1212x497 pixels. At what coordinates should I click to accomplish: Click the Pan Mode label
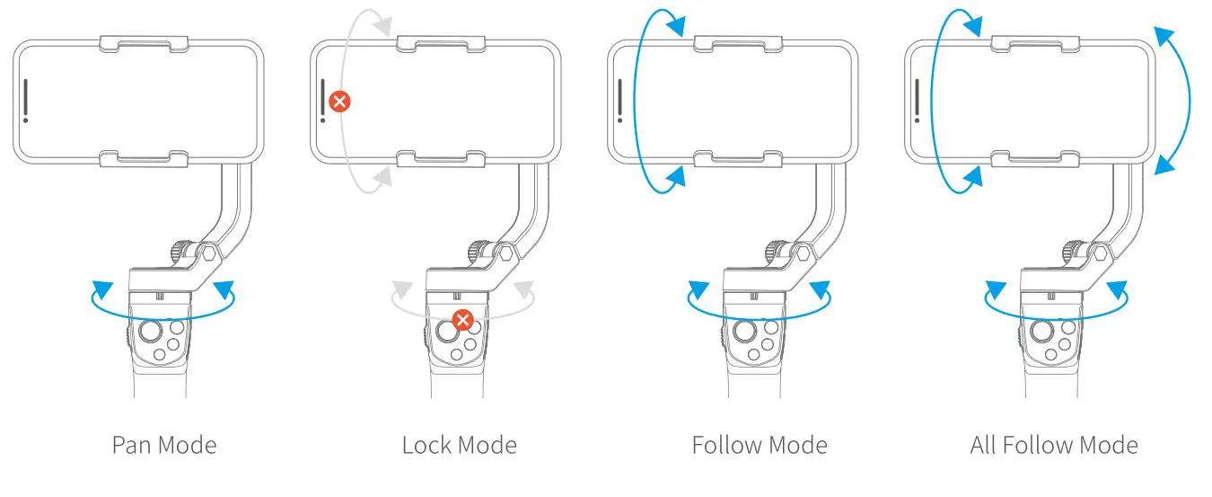click(164, 445)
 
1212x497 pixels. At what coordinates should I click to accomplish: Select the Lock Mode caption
click(459, 445)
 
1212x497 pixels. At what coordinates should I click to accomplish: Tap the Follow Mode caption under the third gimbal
click(760, 445)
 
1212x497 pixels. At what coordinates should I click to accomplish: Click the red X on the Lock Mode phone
click(339, 101)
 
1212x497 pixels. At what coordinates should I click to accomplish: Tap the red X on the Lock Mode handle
click(462, 319)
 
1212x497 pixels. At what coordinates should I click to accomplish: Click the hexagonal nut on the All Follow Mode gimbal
click(1100, 255)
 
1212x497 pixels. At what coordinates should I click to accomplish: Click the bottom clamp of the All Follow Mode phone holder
click(1036, 159)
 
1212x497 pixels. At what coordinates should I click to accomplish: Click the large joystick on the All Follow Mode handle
click(1043, 333)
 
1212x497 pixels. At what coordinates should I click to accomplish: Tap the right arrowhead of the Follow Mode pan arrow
click(817, 290)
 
